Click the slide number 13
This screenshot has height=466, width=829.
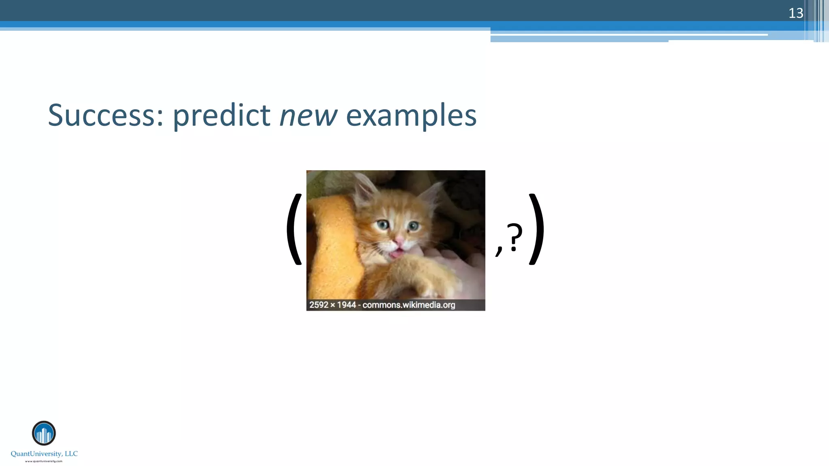pyautogui.click(x=795, y=13)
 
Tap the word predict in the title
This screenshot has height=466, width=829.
pyautogui.click(x=221, y=116)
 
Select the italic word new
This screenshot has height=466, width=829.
pyautogui.click(x=308, y=116)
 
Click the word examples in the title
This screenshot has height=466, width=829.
pyautogui.click(x=411, y=116)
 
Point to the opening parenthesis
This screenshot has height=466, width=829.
pyautogui.click(x=295, y=229)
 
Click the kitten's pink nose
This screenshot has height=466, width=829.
pyautogui.click(x=399, y=241)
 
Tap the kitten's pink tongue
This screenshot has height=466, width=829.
pyautogui.click(x=397, y=254)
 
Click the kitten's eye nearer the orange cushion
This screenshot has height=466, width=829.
pyautogui.click(x=383, y=224)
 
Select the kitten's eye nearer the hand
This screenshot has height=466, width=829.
pyautogui.click(x=413, y=226)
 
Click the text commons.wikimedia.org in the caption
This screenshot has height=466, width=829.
pyautogui.click(x=408, y=305)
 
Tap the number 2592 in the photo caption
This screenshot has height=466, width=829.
pyautogui.click(x=319, y=305)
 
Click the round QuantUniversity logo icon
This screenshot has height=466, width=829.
pyautogui.click(x=44, y=433)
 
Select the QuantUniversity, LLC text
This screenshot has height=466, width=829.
pyautogui.click(x=44, y=454)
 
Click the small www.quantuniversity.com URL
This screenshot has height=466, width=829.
pyautogui.click(x=44, y=461)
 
